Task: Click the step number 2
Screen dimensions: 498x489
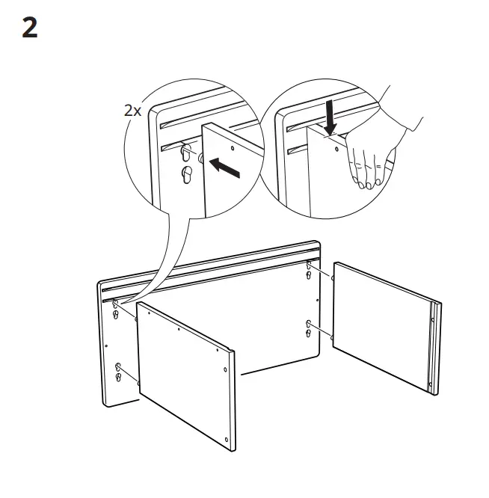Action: (29, 28)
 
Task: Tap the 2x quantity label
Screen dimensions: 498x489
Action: (132, 110)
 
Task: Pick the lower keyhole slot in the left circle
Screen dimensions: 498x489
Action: (186, 176)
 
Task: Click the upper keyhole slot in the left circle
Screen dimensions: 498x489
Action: (185, 153)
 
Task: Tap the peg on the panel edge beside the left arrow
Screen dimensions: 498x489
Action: (201, 158)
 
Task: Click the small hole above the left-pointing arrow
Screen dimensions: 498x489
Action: (232, 149)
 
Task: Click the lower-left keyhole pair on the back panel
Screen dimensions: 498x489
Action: (118, 371)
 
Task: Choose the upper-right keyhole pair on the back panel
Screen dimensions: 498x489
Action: (310, 271)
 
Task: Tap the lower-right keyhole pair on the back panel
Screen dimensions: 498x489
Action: (310, 327)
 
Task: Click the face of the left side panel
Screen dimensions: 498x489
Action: (184, 374)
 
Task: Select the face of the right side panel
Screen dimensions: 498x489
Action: (378, 324)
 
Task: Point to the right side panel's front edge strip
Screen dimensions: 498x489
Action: (433, 347)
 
